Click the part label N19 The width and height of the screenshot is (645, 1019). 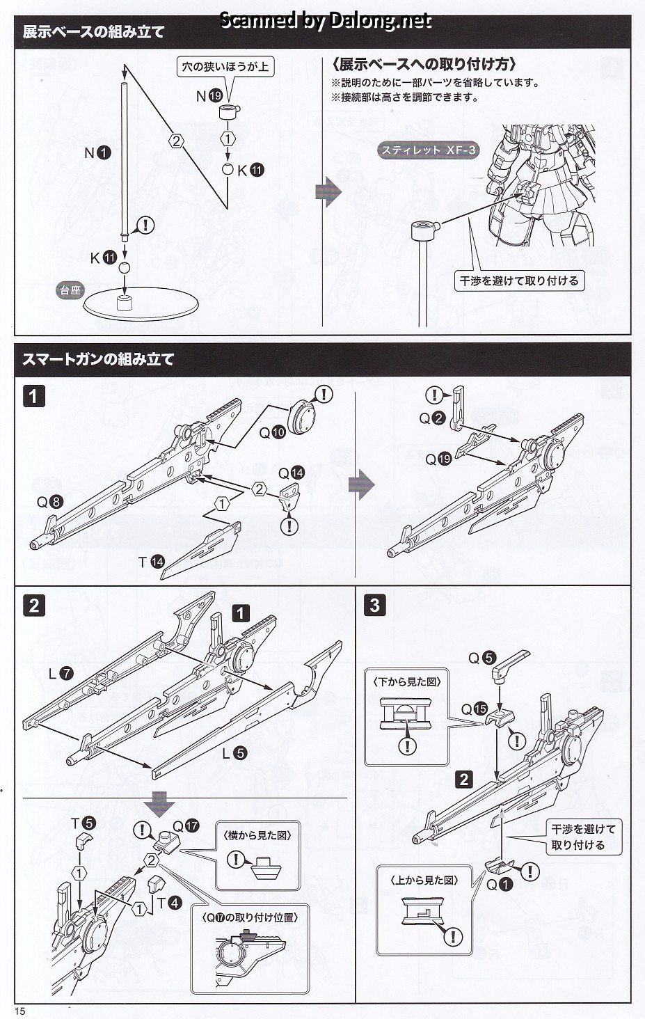coord(209,96)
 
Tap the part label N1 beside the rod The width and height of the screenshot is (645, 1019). coord(97,152)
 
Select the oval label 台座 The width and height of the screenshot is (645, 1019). coord(70,290)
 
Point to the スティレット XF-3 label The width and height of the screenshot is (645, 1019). coord(429,150)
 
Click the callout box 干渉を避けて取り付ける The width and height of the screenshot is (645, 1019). coord(519,281)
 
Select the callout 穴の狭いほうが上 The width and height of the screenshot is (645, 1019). coord(225,67)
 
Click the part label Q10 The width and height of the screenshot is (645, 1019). coord(272,432)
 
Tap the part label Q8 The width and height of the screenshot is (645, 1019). coord(50,502)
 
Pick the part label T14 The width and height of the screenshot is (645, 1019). coord(151,561)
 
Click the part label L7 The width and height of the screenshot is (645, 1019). coord(61,673)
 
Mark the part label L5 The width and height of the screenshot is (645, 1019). coord(234,752)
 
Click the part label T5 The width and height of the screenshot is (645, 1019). coord(83,823)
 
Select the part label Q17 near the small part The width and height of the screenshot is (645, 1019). coord(186,826)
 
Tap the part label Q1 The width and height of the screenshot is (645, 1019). coord(500,884)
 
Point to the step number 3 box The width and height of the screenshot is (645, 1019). coord(374,605)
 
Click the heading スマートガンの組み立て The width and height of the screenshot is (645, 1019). coord(98,359)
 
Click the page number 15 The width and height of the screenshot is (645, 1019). coord(19,1011)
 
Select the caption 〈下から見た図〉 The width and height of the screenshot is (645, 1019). coord(407,682)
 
